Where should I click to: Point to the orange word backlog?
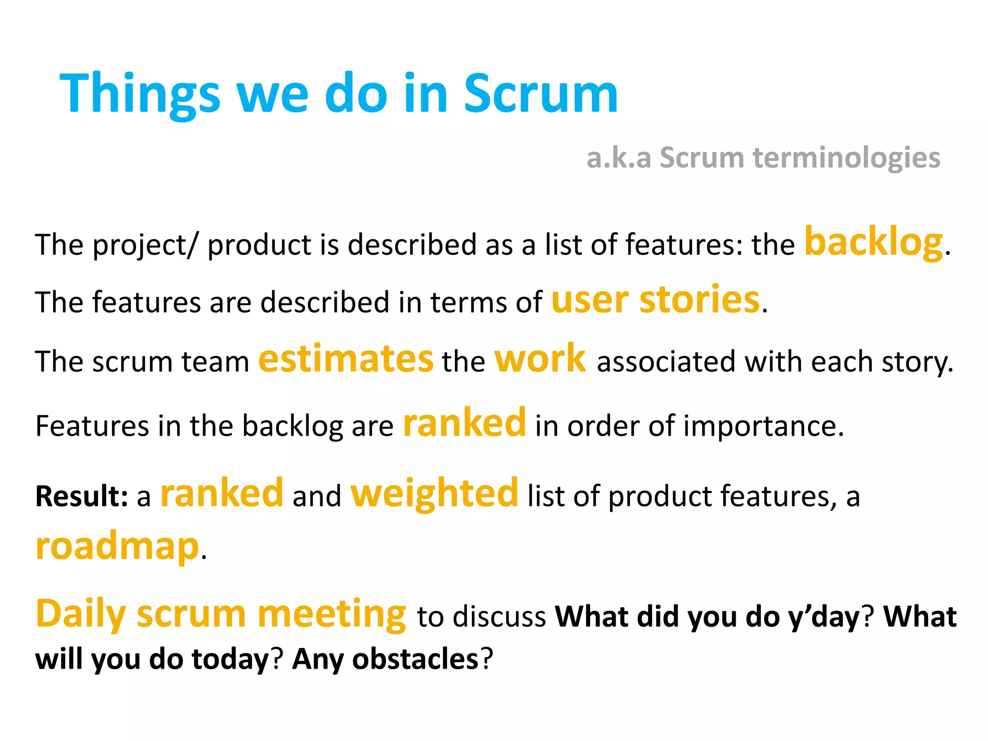pyautogui.click(x=873, y=242)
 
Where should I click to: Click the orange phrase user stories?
pyautogui.click(x=655, y=300)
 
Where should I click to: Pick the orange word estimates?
pyautogui.click(x=346, y=359)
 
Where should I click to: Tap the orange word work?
pyautogui.click(x=540, y=359)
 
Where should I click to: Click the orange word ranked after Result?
pyautogui.click(x=221, y=494)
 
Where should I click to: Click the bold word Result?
pyautogui.click(x=82, y=496)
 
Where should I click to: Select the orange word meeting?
pyautogui.click(x=332, y=614)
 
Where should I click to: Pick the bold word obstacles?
pyautogui.click(x=415, y=659)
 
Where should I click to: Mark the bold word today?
pyautogui.click(x=230, y=659)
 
